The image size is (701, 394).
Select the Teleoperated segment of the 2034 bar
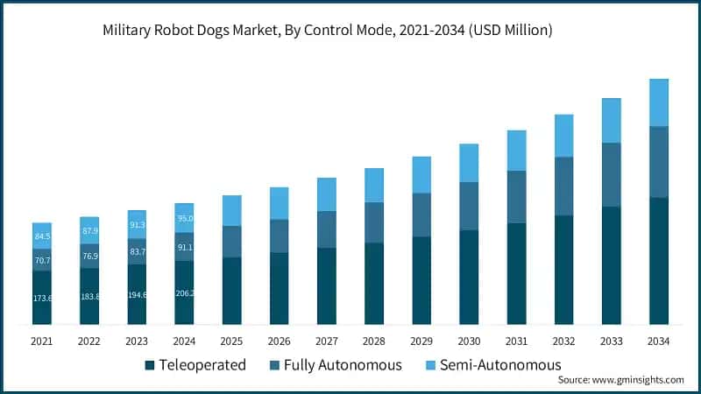[658, 261]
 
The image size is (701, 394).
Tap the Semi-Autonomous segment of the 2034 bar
[658, 102]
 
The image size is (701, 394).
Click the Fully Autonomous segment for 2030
[469, 206]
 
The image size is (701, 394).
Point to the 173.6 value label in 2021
[42, 299]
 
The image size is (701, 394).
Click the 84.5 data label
[42, 236]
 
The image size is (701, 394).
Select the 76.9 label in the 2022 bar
[90, 256]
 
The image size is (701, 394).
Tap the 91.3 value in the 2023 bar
[138, 224]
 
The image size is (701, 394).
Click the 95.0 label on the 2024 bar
[185, 218]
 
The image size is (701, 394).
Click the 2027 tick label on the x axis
[327, 341]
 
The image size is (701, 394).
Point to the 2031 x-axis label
[516, 341]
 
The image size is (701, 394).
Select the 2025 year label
[232, 341]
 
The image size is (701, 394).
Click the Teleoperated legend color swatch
[149, 364]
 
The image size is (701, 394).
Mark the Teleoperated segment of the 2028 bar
[374, 284]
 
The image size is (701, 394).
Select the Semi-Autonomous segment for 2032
[563, 136]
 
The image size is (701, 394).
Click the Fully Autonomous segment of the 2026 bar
[280, 236]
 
